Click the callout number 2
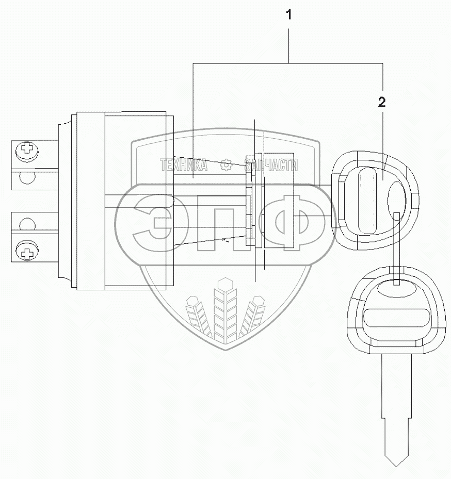pyautogui.click(x=381, y=102)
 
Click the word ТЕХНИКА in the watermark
pyautogui.click(x=184, y=165)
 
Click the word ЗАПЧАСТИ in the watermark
pyautogui.click(x=271, y=165)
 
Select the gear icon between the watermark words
pyautogui.click(x=225, y=165)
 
